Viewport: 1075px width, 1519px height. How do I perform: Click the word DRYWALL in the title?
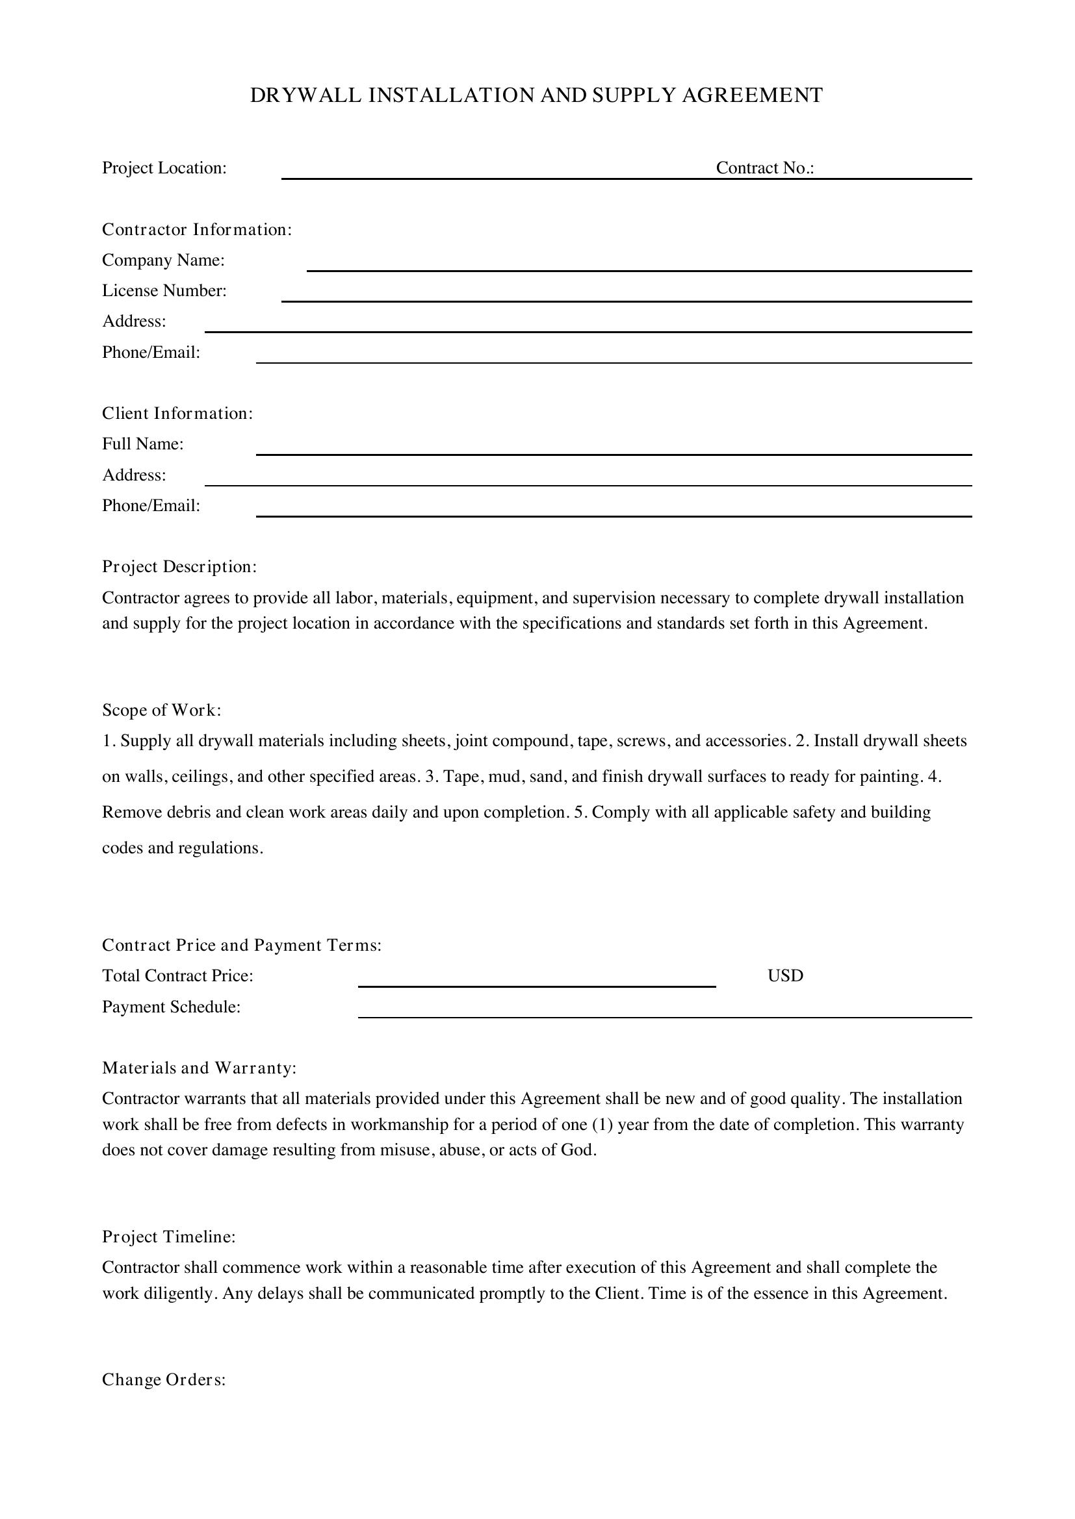(306, 95)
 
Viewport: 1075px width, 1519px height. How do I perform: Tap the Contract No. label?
(764, 168)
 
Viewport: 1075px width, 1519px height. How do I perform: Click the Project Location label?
(164, 168)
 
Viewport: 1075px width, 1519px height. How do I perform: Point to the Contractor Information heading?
(196, 229)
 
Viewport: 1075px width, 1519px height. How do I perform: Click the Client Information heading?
(177, 414)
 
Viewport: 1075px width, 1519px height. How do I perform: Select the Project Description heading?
(179, 567)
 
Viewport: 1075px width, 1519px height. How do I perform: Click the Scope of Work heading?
(162, 710)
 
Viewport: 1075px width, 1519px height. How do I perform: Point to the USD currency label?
(785, 976)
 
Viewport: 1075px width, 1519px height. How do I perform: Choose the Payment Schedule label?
(171, 1007)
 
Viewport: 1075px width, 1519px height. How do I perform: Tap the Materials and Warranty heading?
(200, 1068)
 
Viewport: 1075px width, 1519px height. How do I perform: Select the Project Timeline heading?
(169, 1237)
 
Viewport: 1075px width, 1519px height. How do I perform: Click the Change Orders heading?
(164, 1380)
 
